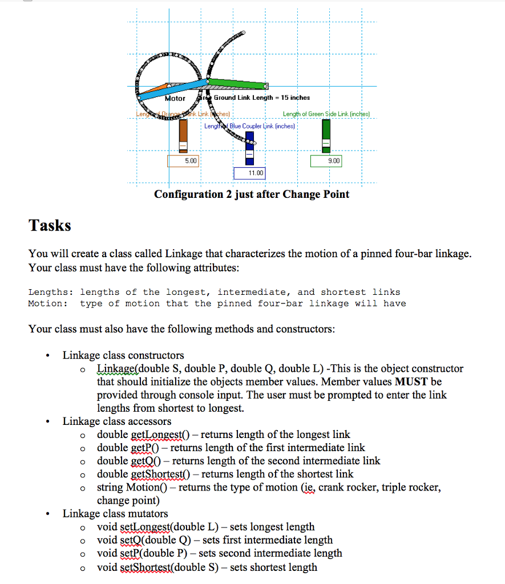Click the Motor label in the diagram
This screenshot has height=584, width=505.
[x=175, y=98]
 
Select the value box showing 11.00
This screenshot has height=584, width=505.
[x=249, y=173]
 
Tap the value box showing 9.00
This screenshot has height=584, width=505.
[x=326, y=161]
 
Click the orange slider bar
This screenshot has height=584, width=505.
[x=183, y=137]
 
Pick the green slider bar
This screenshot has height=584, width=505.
[x=326, y=136]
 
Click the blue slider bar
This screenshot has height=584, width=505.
[x=249, y=149]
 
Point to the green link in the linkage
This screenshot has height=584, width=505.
[x=240, y=83]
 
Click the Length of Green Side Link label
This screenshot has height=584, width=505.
[x=326, y=114]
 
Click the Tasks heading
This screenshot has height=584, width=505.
[x=50, y=225]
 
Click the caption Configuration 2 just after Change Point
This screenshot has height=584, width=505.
[x=252, y=194]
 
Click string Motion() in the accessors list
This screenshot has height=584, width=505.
[x=131, y=488]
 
